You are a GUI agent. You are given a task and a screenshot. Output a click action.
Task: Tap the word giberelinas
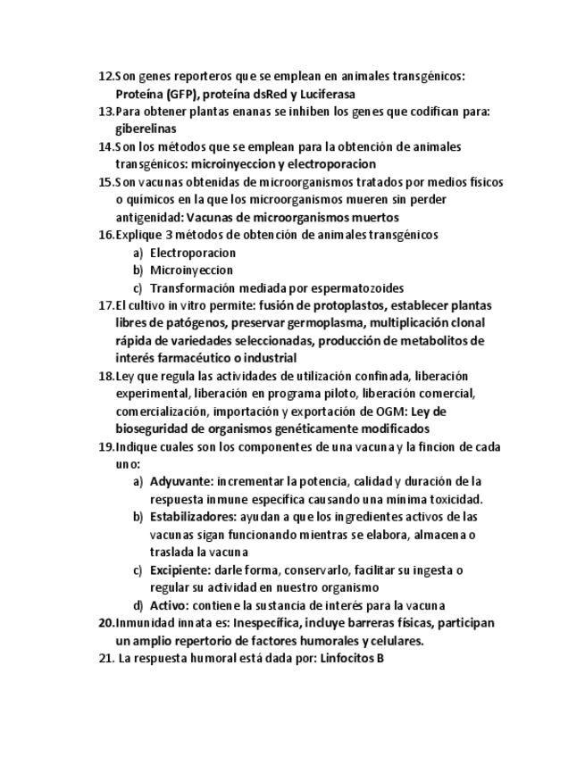pyautogui.click(x=145, y=129)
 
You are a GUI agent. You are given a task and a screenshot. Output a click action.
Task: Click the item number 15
pyautogui.click(x=105, y=182)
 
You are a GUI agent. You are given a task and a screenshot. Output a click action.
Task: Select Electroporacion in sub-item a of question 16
pyautogui.click(x=193, y=253)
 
